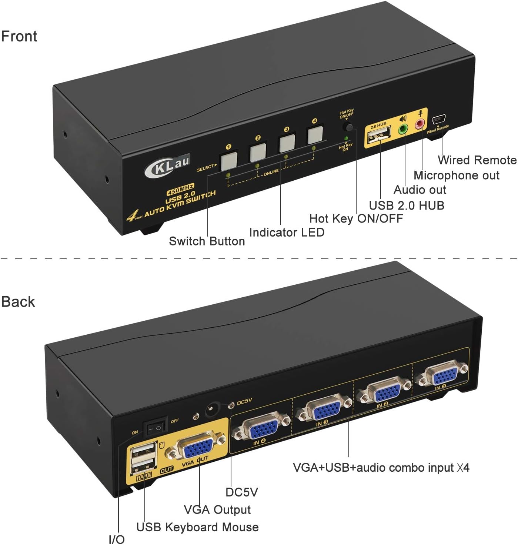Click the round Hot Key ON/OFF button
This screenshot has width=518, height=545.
[x=348, y=127]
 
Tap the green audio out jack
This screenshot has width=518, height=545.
[x=403, y=129]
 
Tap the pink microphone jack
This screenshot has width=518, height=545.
[x=420, y=124]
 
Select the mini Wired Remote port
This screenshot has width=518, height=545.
[x=438, y=120]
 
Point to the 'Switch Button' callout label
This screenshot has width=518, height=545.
[x=207, y=241]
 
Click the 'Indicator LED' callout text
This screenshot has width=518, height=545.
[x=287, y=232]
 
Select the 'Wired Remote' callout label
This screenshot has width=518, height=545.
[x=477, y=160]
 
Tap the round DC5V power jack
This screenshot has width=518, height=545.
[x=213, y=409]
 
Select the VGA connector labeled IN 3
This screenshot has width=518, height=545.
[x=324, y=409]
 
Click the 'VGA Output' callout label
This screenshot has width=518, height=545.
[x=217, y=509]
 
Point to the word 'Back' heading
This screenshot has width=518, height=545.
[x=18, y=301]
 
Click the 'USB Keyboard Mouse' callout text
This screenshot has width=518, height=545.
[x=197, y=527]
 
